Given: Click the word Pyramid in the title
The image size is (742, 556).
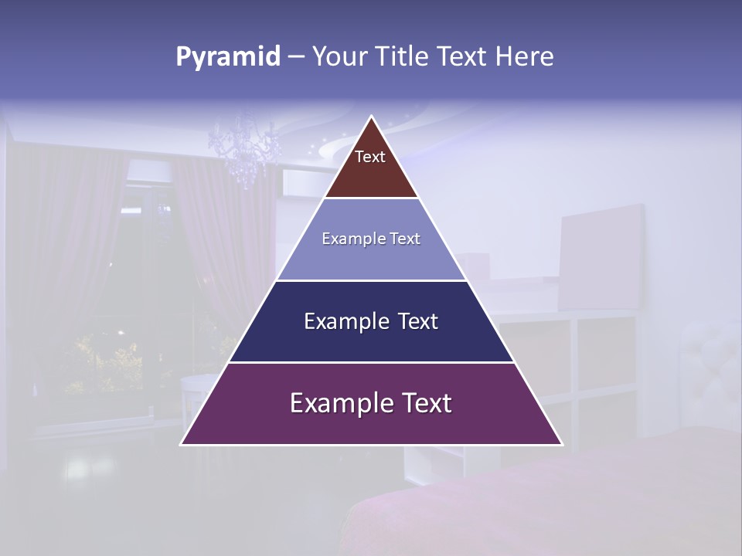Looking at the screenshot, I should [227, 57].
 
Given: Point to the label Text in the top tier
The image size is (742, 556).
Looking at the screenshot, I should [370, 157].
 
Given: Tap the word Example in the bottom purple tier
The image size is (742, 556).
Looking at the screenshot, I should [333, 403].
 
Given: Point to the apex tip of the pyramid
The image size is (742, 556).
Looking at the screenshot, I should [372, 117].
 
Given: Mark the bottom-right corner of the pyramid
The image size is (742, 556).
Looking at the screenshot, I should [561, 444].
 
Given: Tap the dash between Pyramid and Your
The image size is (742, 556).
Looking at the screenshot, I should [295, 57].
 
